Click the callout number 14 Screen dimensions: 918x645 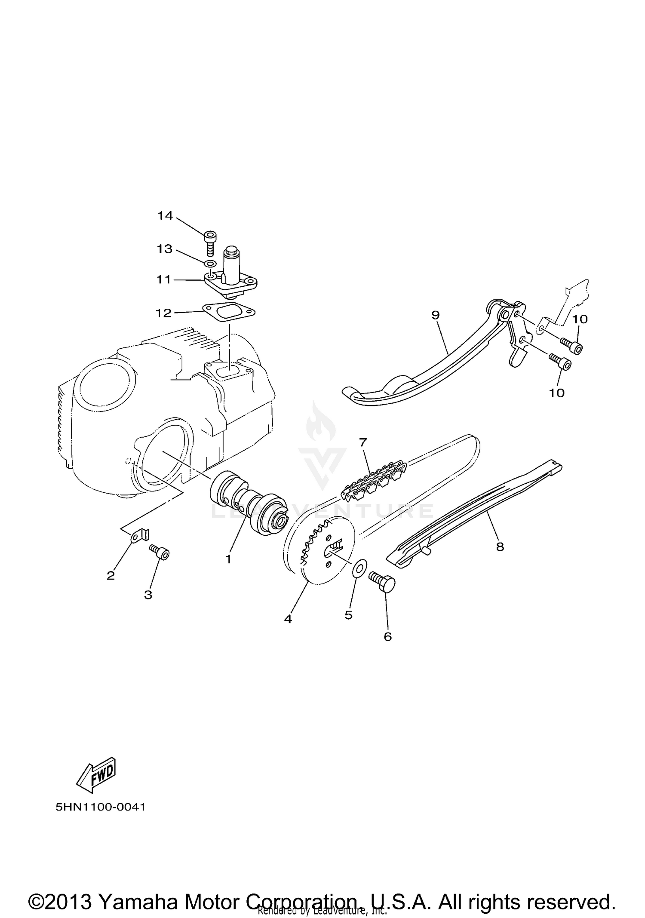click(x=165, y=216)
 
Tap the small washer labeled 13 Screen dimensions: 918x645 click(x=210, y=263)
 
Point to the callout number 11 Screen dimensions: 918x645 click(x=164, y=280)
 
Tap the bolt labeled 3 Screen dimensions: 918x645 click(x=160, y=553)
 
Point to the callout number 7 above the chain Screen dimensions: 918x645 click(x=363, y=442)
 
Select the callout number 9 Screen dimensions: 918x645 click(x=436, y=315)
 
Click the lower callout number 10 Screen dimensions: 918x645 click(x=557, y=393)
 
